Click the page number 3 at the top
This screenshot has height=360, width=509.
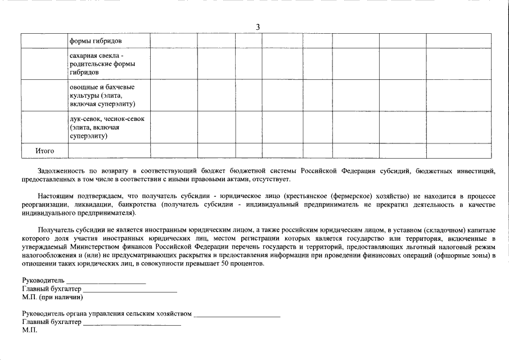(258, 27)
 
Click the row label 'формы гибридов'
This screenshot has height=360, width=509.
(93, 41)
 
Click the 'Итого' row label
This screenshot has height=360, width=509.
(44, 151)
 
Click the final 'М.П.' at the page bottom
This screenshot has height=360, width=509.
(30, 331)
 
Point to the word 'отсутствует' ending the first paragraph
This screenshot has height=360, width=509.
(272, 179)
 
